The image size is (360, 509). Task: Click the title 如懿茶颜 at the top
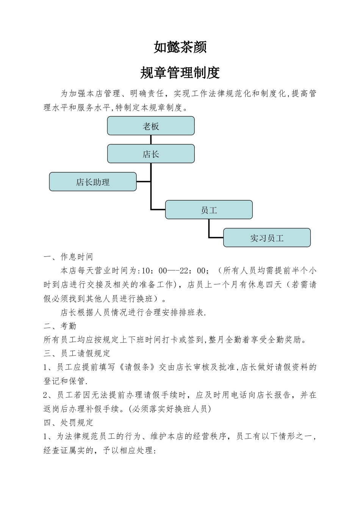pos(180,47)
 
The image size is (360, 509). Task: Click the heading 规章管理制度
pos(180,73)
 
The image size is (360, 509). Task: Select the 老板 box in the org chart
pos(151,126)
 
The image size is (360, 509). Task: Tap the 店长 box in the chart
pos(151,154)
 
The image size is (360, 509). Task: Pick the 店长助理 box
pos(93,182)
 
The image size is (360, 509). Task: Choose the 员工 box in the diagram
pos(209,210)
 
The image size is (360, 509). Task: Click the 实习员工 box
pos(267,238)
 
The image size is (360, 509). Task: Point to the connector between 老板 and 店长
pos(151,140)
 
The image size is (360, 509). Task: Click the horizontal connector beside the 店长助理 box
pos(144,182)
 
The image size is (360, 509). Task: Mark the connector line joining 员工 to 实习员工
pos(209,229)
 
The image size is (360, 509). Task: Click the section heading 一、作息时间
pos(69,257)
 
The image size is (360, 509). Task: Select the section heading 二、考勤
pos(60,326)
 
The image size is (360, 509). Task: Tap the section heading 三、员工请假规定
pos(77,353)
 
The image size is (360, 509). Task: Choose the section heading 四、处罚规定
pos(69,422)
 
